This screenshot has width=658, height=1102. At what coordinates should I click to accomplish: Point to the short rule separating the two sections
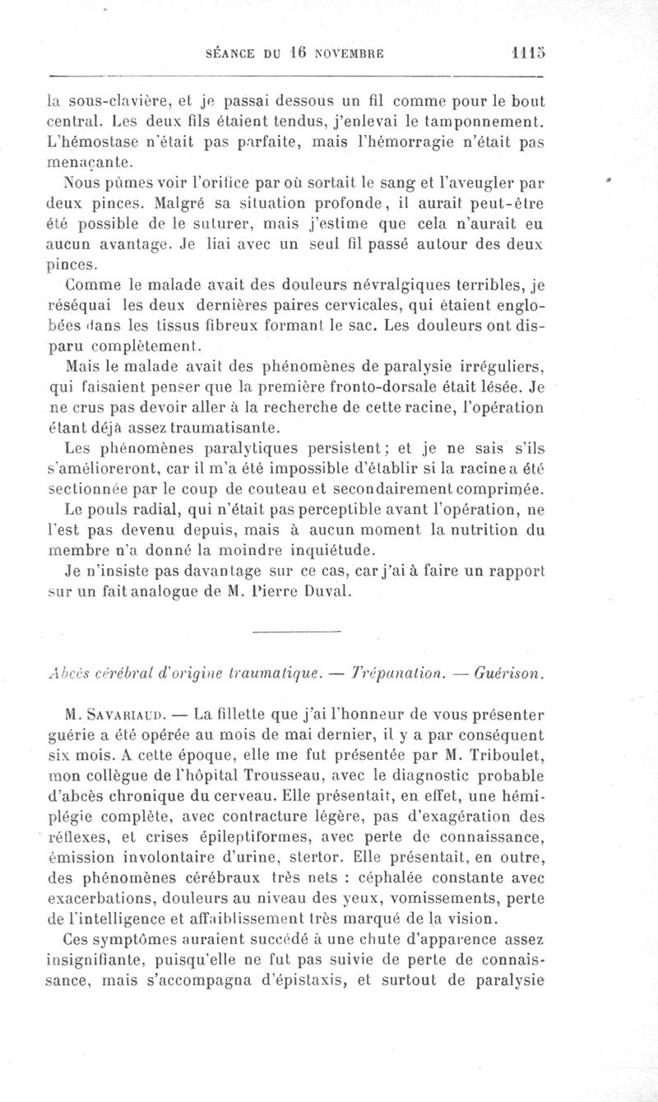point(294,632)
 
